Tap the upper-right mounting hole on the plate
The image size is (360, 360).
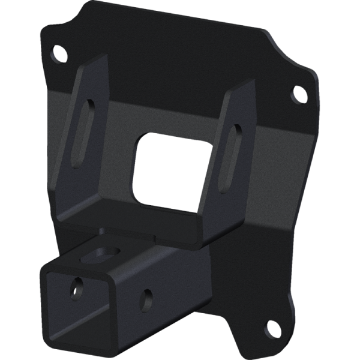[x=298, y=94]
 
